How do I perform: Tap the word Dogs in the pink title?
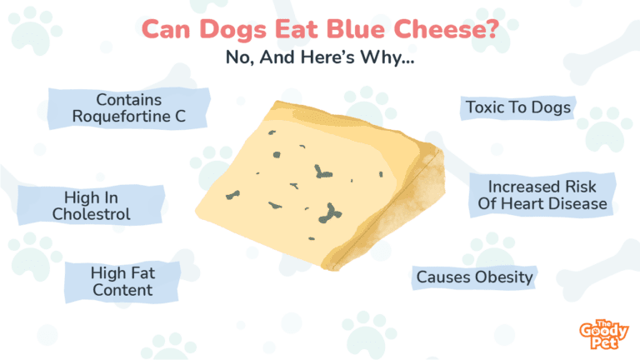(233, 30)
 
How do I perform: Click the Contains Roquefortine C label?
(128, 108)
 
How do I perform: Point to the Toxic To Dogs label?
(518, 107)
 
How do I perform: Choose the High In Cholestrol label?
(91, 205)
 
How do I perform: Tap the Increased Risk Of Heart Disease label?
(542, 195)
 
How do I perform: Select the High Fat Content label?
(122, 282)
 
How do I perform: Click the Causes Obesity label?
(474, 277)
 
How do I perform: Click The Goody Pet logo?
(603, 334)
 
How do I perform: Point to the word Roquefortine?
(121, 117)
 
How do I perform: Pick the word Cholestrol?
(92, 214)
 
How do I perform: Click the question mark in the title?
(492, 29)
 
